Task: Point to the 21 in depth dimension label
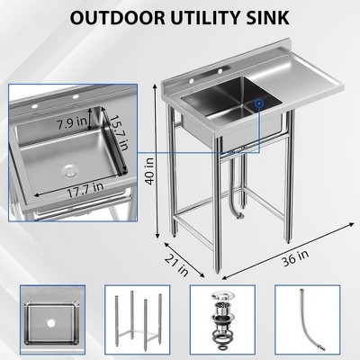177,261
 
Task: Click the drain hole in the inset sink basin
68,169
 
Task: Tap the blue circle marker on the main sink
258,104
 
